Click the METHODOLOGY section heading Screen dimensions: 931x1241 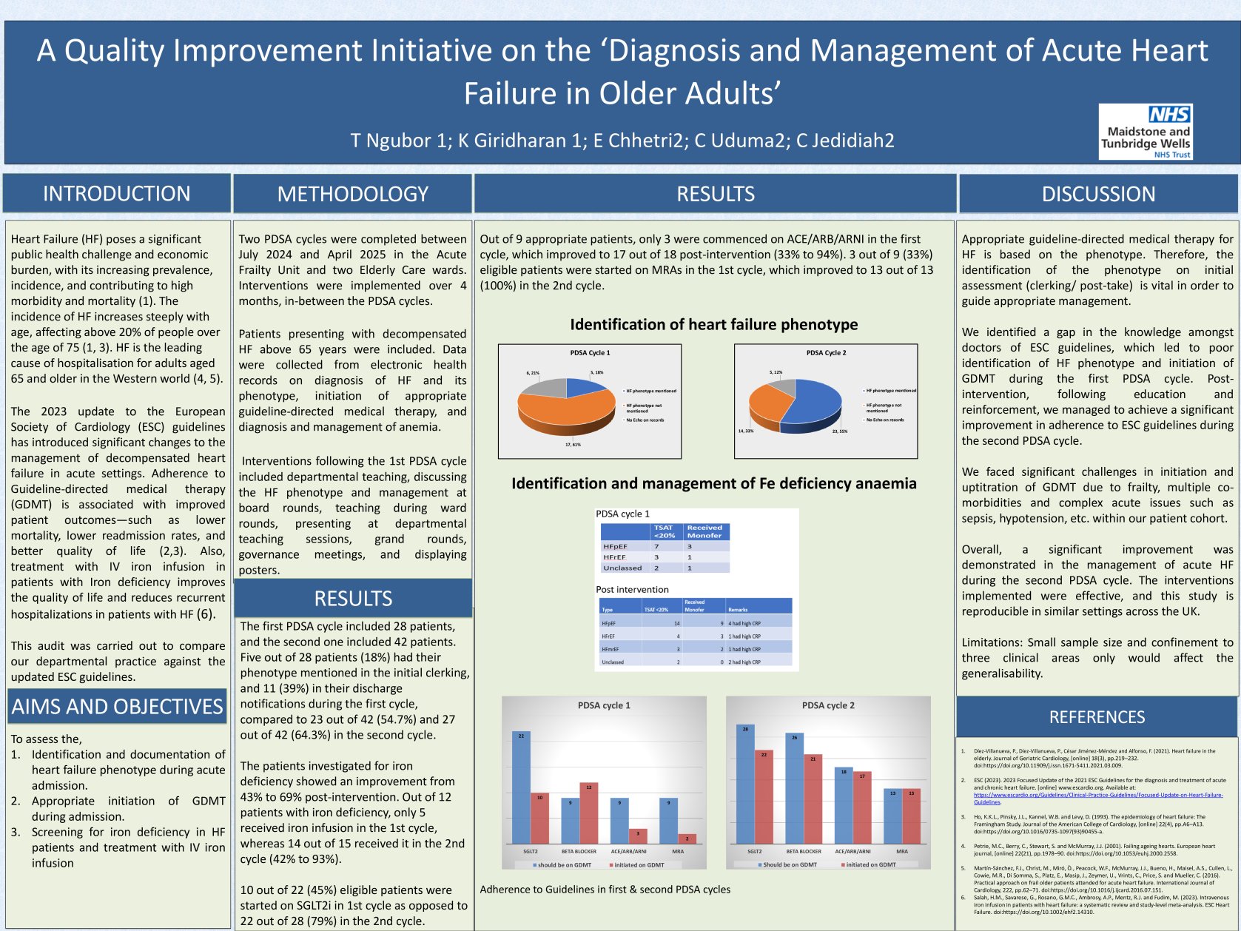click(x=352, y=194)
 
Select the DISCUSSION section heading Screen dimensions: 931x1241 click(x=1098, y=194)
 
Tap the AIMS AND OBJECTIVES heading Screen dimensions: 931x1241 click(x=117, y=707)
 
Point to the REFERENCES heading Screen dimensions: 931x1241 click(x=1097, y=716)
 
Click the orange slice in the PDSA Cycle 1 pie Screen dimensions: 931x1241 click(x=562, y=411)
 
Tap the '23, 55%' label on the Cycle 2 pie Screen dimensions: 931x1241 click(x=839, y=431)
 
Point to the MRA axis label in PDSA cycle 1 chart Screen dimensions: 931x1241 click(x=677, y=851)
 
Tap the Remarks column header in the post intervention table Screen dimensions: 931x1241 click(x=738, y=610)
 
